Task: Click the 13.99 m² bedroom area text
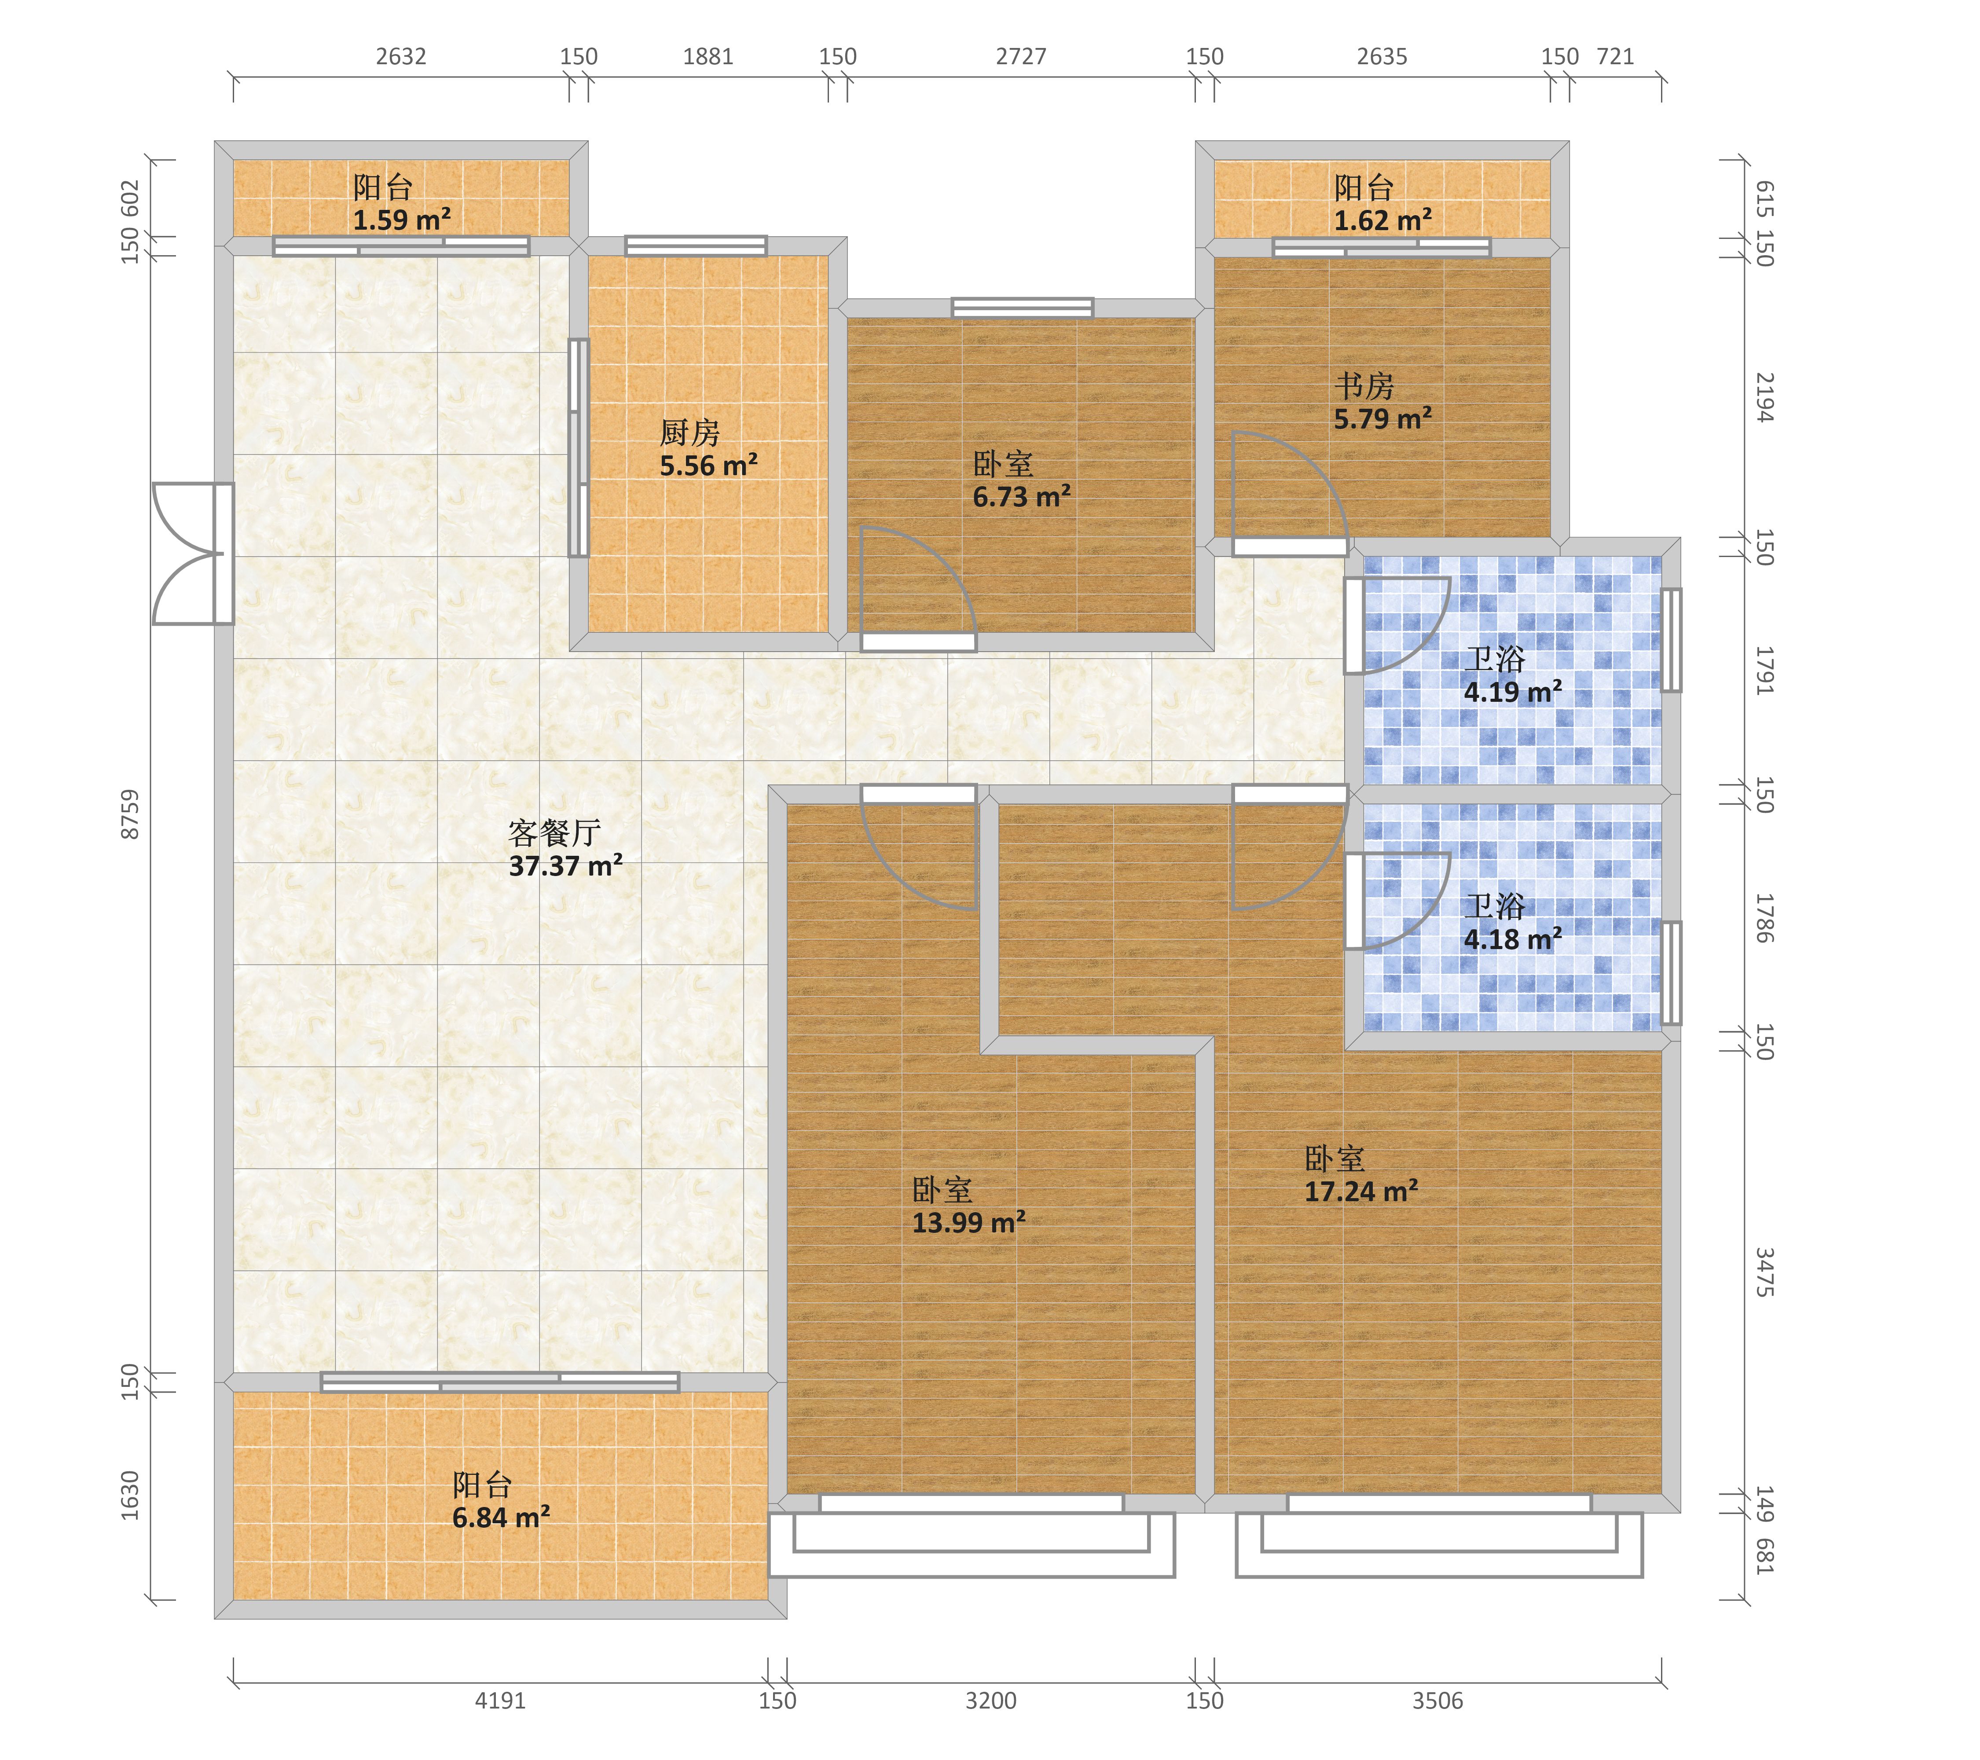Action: click(x=969, y=1222)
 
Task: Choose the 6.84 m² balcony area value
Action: click(x=501, y=1517)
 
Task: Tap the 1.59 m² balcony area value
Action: click(x=401, y=220)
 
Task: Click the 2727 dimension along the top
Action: click(x=1021, y=56)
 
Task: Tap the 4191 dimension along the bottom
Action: click(x=500, y=1700)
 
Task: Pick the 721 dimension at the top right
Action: click(x=1615, y=56)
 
